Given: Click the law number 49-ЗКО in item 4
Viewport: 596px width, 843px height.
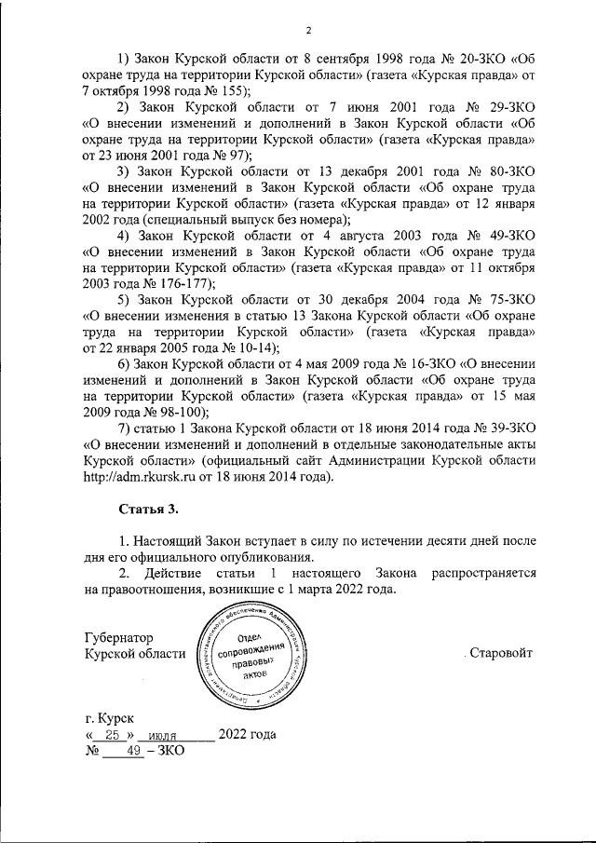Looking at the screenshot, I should pos(505,238).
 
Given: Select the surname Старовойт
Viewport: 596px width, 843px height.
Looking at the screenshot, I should pos(501,653).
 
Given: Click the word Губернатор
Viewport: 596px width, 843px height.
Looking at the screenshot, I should pos(117,637).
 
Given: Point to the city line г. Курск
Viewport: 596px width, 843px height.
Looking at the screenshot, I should pos(108,719).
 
